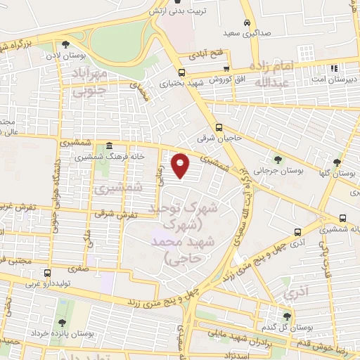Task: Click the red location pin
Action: (181, 164)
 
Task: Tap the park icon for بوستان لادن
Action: (65, 44)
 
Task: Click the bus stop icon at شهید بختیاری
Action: (182, 72)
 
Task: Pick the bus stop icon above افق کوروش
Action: (225, 69)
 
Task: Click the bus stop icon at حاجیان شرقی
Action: (219, 127)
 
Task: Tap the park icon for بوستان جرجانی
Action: (279, 160)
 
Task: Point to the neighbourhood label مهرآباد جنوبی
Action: (92, 80)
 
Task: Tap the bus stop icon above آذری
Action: (298, 232)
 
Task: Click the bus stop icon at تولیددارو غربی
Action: (46, 273)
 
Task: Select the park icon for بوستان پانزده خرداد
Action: (60, 317)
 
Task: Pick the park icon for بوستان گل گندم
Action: (286, 316)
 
